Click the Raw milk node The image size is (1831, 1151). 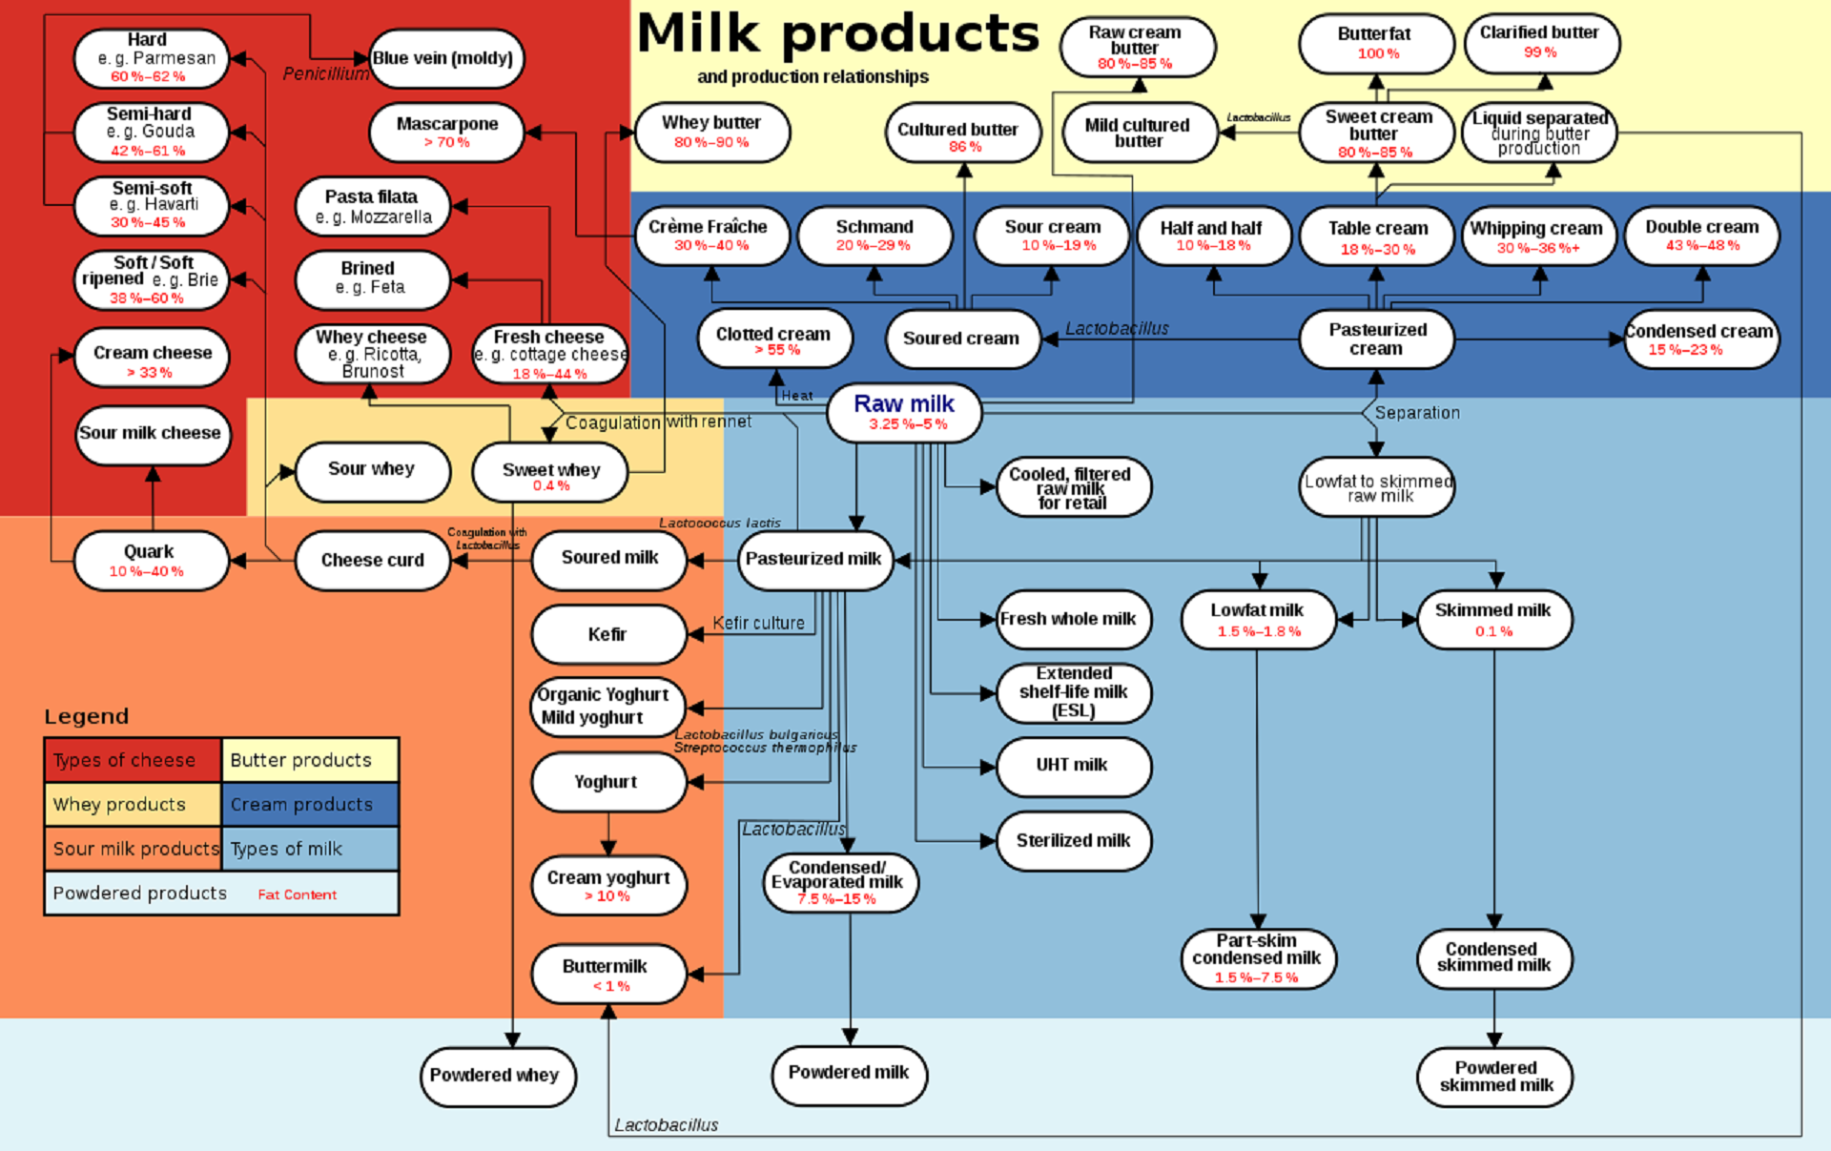coord(904,412)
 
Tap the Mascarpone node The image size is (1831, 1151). coord(446,132)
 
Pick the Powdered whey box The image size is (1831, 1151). coord(497,1076)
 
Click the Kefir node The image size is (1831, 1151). coord(608,634)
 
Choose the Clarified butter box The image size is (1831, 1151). coord(1540,42)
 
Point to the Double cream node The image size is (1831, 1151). coord(1701,235)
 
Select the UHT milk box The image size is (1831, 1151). coord(1073,766)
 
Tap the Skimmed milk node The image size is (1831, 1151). coord(1493,619)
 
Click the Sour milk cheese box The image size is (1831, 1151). coord(152,434)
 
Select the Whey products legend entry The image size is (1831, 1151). coord(132,804)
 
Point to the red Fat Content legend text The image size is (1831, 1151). coord(297,894)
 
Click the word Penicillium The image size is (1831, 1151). coord(325,73)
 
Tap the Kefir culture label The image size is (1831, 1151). coord(758,623)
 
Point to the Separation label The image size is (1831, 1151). coord(1416,413)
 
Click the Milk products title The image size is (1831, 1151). coord(837,34)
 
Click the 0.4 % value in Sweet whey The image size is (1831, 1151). coord(551,486)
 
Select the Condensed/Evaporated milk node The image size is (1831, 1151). coord(838,882)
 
